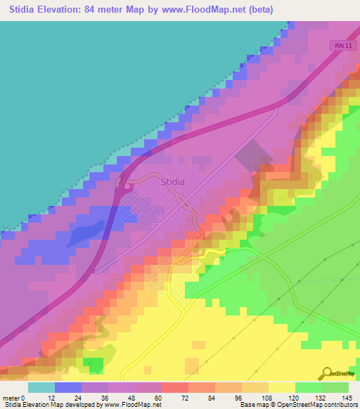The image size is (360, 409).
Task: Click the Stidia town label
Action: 173,181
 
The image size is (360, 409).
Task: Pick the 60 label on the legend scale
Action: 161,398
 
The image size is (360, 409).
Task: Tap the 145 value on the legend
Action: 346,398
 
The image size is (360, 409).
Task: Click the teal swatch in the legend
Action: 41,387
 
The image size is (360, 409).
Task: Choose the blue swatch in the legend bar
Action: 67,387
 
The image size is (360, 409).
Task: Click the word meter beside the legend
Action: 11,398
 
